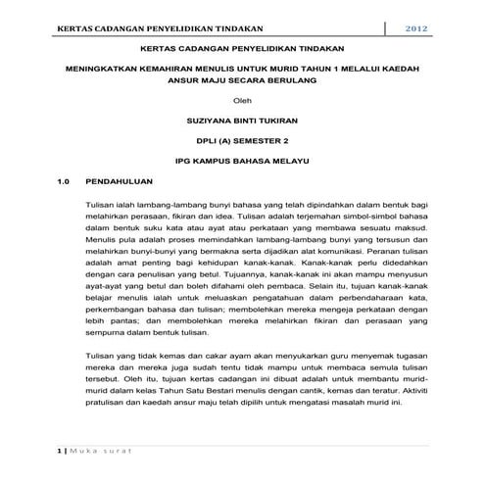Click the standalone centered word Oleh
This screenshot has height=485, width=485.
[x=241, y=102]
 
